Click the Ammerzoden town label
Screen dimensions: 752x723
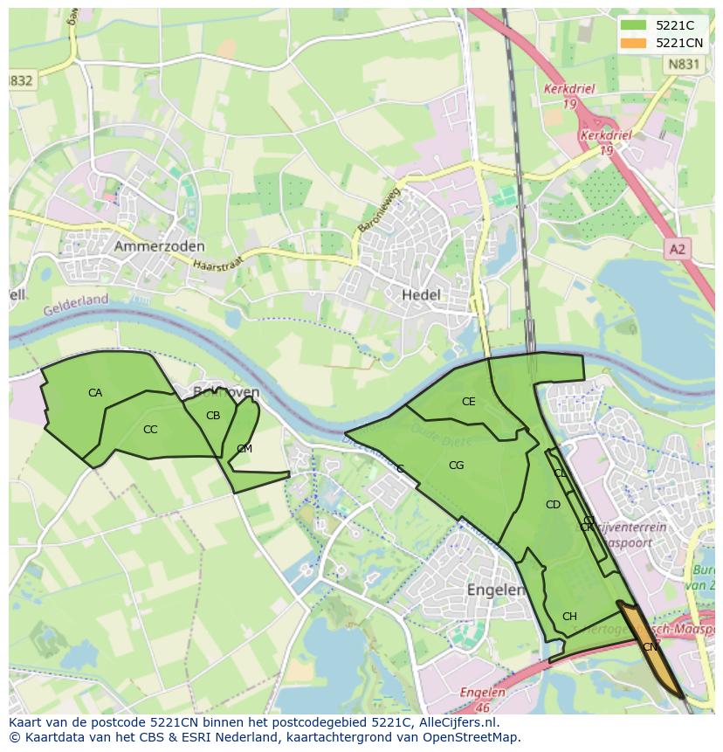(x=159, y=247)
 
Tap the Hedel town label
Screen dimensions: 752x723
(x=421, y=295)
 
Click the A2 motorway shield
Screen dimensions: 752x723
(x=677, y=250)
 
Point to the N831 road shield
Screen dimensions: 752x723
(x=682, y=64)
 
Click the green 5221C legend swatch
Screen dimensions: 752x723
(x=633, y=25)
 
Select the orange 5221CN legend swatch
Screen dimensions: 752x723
(x=633, y=43)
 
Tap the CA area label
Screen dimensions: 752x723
(x=95, y=393)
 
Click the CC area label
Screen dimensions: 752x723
(x=150, y=430)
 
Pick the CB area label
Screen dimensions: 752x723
(x=213, y=416)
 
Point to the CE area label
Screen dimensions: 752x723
(x=469, y=402)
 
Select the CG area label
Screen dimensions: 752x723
(x=456, y=466)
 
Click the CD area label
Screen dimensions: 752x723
(x=553, y=505)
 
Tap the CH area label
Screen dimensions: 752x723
(x=569, y=617)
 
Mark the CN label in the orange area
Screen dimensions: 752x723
(x=650, y=647)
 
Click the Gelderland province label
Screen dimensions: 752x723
(x=76, y=302)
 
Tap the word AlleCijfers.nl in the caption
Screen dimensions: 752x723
(x=457, y=722)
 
